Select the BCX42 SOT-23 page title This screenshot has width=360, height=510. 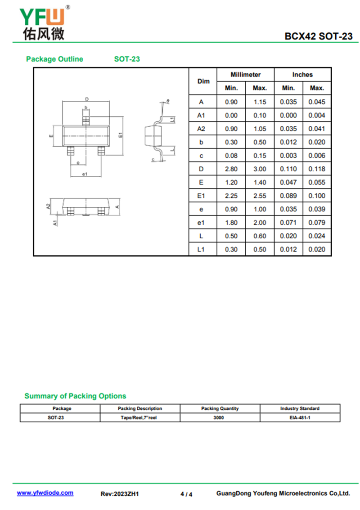point(318,36)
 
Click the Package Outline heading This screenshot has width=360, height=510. point(54,59)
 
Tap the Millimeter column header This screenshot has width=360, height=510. point(245,75)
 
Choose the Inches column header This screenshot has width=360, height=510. point(302,75)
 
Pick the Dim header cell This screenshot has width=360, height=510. point(203,81)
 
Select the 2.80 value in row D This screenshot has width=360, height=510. point(231,169)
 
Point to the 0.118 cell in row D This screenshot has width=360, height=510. point(317,169)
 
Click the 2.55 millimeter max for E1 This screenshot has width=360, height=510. point(260,196)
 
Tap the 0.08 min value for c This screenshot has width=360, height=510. point(231,156)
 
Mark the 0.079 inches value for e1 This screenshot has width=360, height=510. point(317,223)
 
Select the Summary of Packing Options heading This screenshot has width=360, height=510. point(75,396)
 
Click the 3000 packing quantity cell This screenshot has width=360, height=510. point(220,417)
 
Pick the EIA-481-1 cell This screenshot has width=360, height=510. point(300,417)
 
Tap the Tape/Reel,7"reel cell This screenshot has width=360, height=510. point(139,417)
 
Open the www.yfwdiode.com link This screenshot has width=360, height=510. point(45,493)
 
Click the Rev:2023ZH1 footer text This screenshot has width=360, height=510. point(120,494)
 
